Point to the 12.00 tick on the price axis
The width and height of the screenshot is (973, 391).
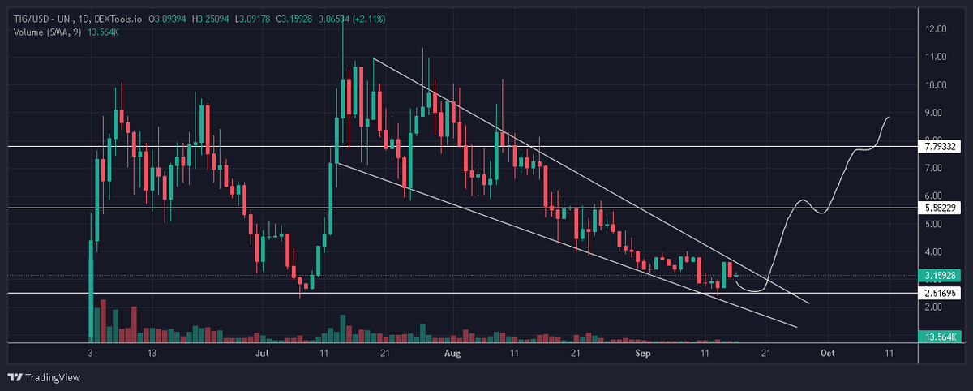click(x=936, y=29)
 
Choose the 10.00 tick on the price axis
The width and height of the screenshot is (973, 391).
click(x=936, y=84)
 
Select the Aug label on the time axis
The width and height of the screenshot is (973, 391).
click(x=452, y=354)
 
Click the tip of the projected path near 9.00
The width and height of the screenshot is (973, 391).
click(x=889, y=118)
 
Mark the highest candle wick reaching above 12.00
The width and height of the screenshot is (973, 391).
click(x=344, y=20)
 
